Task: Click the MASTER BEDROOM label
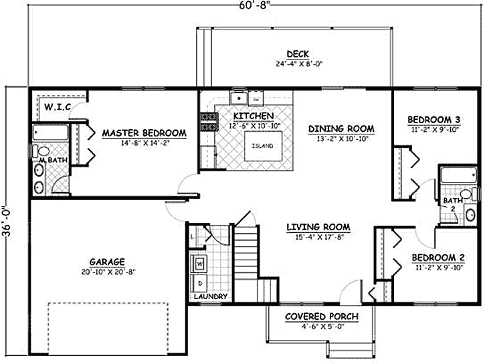pyautogui.click(x=144, y=133)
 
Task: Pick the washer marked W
pyautogui.click(x=200, y=264)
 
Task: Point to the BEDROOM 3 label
pyautogui.click(x=434, y=120)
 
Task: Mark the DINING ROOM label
pyautogui.click(x=341, y=128)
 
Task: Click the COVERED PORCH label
pyautogui.click(x=322, y=316)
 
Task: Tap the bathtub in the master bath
pyautogui.click(x=51, y=132)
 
